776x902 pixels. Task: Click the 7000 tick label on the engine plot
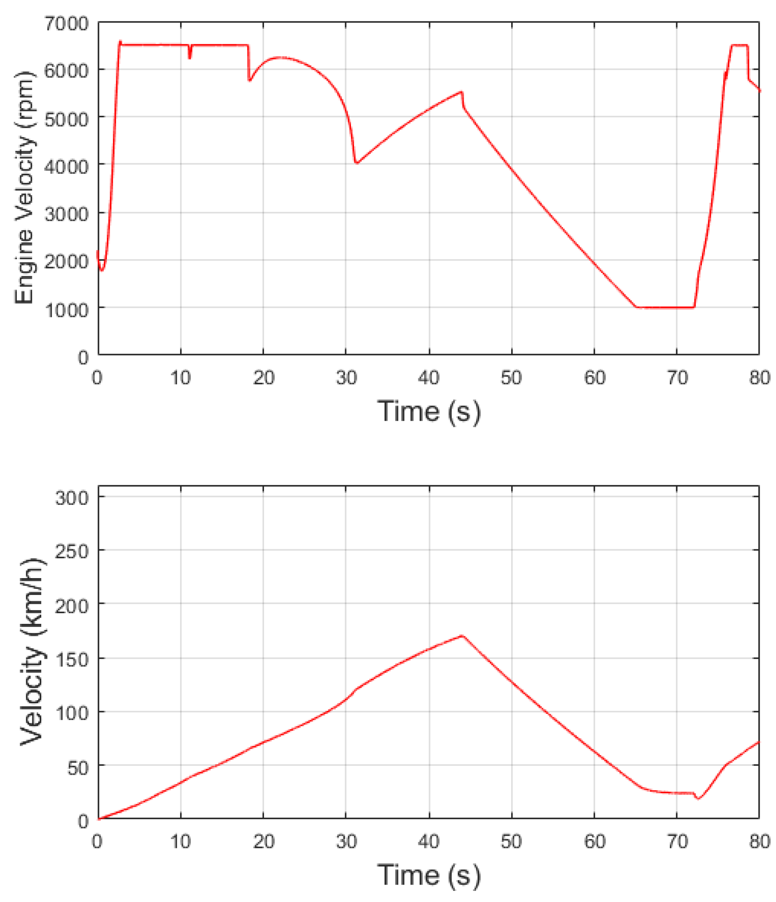click(66, 23)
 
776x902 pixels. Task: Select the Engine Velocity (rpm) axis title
click(24, 187)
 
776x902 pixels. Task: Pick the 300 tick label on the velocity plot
click(71, 497)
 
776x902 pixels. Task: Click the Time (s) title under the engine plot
click(429, 412)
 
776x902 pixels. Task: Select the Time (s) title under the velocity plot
click(429, 875)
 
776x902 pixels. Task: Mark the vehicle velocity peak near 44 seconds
click(462, 636)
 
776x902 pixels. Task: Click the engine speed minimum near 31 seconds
click(356, 163)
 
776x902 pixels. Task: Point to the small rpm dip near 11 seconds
click(189, 57)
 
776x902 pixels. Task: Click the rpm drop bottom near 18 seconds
click(250, 81)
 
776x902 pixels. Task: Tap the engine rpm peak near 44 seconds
click(462, 92)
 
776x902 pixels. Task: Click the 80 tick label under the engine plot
click(759, 378)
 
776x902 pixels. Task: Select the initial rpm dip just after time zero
click(102, 270)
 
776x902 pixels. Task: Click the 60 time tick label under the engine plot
click(594, 378)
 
